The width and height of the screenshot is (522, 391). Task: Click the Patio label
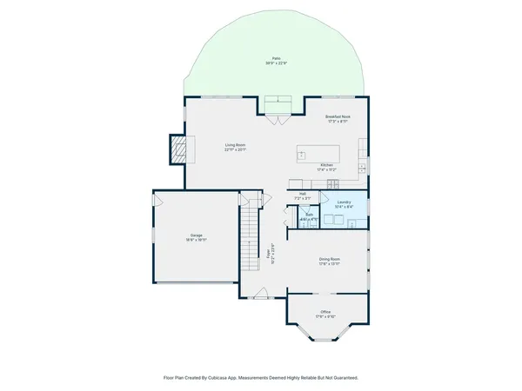click(276, 58)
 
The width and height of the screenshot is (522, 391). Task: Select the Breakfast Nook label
click(338, 116)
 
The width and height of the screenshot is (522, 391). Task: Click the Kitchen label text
click(327, 164)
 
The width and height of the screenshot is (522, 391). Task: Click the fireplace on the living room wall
click(177, 149)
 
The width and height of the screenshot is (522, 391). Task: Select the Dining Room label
click(329, 259)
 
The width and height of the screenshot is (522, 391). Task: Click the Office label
click(325, 311)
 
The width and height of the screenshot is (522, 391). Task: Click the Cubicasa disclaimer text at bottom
click(261, 378)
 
